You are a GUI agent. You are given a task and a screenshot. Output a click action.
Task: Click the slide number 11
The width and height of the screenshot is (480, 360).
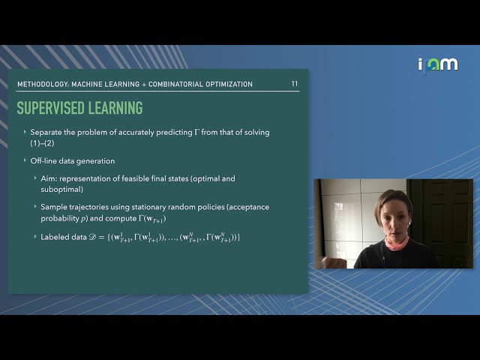(294, 84)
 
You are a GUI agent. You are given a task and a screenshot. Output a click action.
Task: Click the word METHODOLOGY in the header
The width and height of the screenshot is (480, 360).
(43, 84)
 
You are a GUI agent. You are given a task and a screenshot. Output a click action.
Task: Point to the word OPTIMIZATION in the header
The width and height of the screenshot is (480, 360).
(223, 84)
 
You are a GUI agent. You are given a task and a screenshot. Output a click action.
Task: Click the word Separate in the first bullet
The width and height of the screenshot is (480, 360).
(47, 133)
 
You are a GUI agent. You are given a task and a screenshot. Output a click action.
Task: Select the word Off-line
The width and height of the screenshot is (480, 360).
(45, 160)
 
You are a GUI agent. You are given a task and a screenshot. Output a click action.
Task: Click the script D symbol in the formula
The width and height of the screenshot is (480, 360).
(93, 237)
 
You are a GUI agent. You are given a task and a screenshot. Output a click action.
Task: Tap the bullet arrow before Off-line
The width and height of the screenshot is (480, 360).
(25, 160)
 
